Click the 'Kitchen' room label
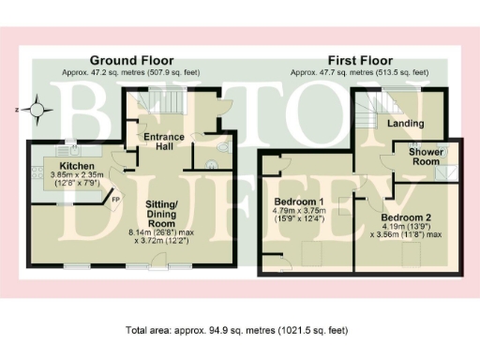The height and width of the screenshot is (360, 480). [x=65, y=165]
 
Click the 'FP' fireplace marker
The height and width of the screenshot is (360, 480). [x=116, y=199]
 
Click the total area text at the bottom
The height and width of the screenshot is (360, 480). [x=239, y=330]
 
